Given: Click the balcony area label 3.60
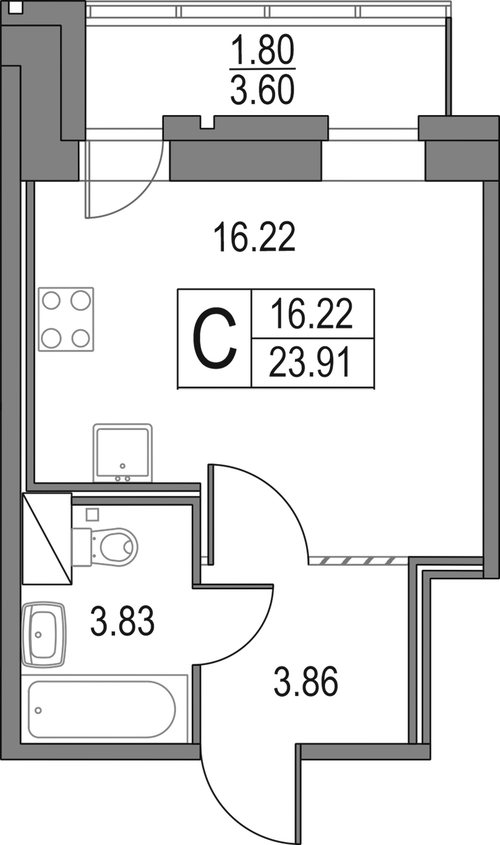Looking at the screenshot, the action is coord(262,90).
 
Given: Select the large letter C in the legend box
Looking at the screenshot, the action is coord(214,338).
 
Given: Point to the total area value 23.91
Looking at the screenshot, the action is coord(309,363).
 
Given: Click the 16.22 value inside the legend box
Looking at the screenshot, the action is coord(311,313).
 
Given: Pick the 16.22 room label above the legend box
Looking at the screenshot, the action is coord(254,237).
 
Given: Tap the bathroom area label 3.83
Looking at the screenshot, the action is coord(122,620).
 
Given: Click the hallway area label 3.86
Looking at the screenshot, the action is coord(306,682).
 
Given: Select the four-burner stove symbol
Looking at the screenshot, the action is coord(66,319).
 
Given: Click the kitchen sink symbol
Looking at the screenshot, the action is coord(122,453).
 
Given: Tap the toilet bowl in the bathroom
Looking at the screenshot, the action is coord(105,547).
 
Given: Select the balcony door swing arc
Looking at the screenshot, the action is coord(124,179).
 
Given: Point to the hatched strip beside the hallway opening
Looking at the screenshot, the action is coord(358,560).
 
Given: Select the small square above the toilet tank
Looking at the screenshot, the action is coord(92,515).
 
